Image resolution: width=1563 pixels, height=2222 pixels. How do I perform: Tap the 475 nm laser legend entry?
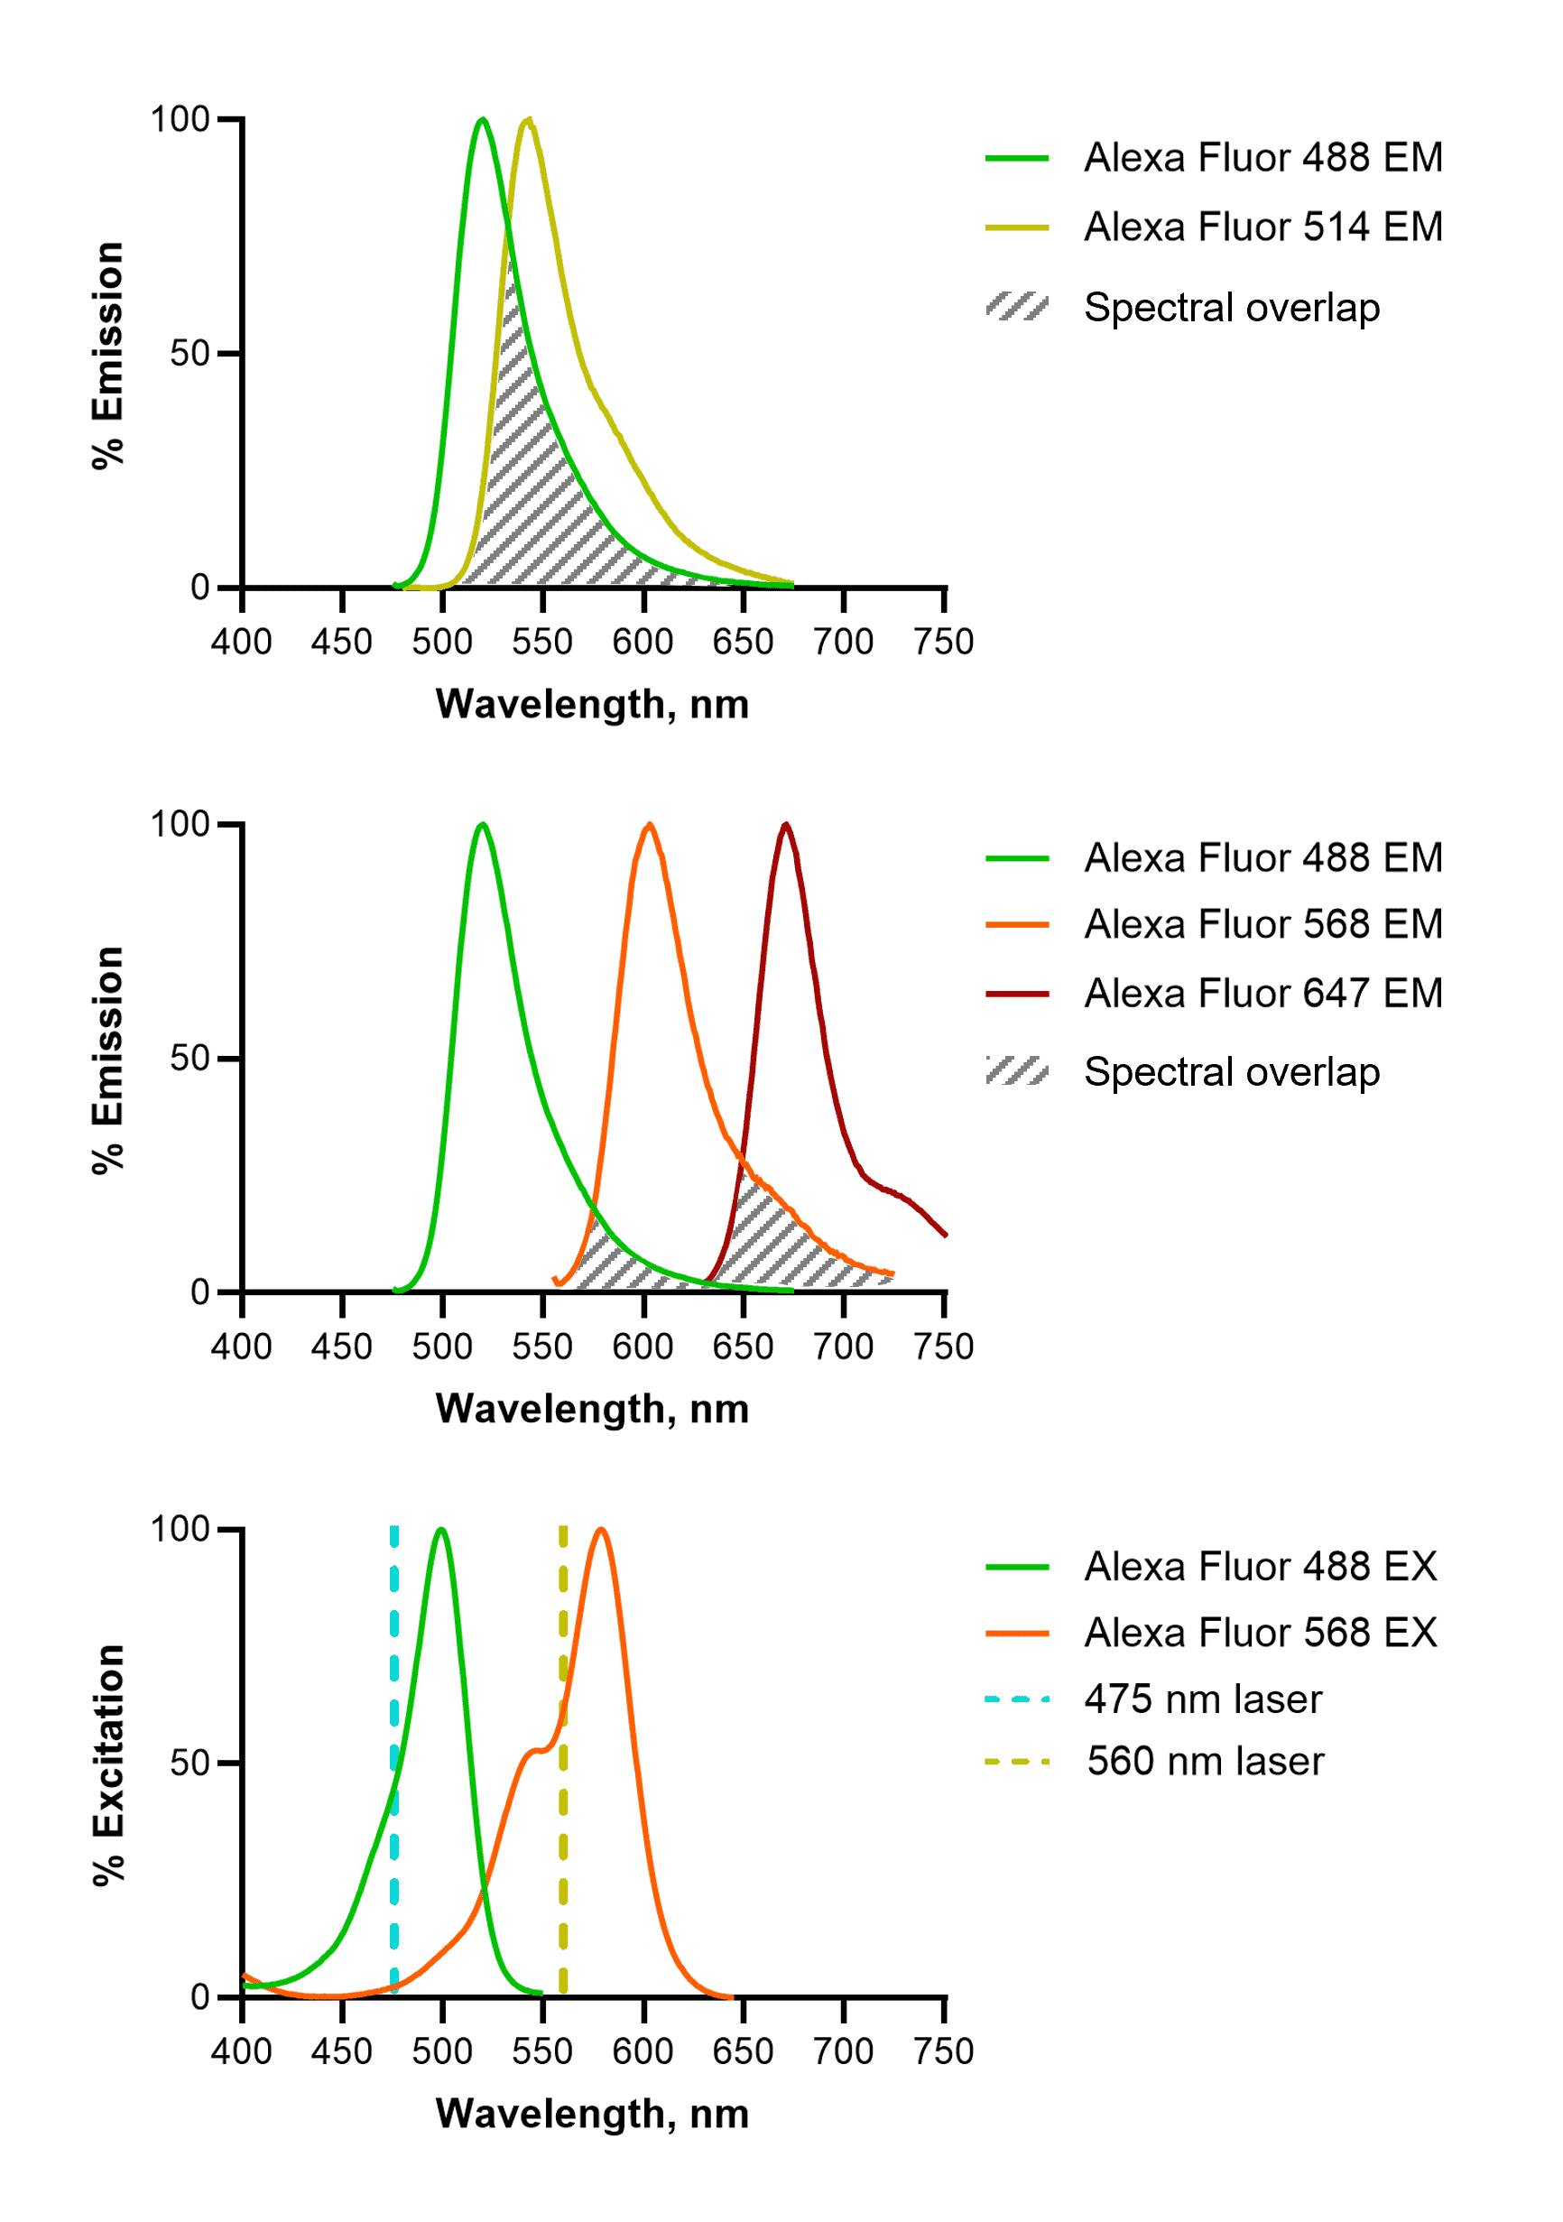pos(1202,1699)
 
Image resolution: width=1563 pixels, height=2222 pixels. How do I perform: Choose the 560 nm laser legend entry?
pos(1204,1762)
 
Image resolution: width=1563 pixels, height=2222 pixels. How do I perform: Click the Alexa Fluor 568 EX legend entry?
pos(1260,1634)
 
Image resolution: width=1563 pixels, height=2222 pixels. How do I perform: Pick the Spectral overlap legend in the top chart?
pos(1231,308)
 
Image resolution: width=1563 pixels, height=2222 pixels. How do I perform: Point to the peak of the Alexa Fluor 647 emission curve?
pos(786,825)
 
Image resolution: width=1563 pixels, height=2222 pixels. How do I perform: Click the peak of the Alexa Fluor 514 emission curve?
pos(527,120)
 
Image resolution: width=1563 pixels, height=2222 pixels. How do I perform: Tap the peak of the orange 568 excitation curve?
pos(601,1530)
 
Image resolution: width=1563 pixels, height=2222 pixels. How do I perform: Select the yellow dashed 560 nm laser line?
pos(563,1838)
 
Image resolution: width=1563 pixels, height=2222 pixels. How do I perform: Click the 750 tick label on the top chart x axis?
pos(944,643)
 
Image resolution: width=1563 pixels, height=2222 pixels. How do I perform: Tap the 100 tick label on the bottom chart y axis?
pos(180,1529)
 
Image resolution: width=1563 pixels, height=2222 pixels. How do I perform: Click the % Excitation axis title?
pos(109,1764)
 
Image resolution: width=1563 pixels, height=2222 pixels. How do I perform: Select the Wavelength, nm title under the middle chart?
pos(592,1409)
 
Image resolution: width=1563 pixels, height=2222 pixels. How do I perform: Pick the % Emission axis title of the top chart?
pos(108,356)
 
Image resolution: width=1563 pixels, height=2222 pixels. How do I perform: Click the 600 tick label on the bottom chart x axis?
pos(643,2051)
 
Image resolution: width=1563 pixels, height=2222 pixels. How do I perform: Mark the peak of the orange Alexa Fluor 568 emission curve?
pos(650,825)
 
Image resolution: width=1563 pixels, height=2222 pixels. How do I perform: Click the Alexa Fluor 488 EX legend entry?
pos(1260,1567)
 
